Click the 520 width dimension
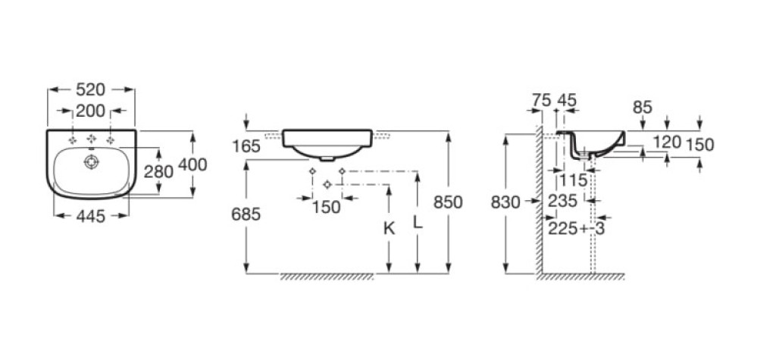pyautogui.click(x=91, y=89)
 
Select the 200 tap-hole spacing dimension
pyautogui.click(x=91, y=111)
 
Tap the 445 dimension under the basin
pyautogui.click(x=91, y=216)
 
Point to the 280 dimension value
pyautogui.click(x=158, y=172)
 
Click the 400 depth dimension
pyautogui.click(x=192, y=164)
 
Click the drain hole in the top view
pyautogui.click(x=92, y=161)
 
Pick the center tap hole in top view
pyautogui.click(x=92, y=139)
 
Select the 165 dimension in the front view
pyautogui.click(x=246, y=146)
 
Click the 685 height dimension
pyautogui.click(x=246, y=214)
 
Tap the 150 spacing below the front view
pyautogui.click(x=327, y=207)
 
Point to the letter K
pyautogui.click(x=390, y=228)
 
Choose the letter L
pyautogui.click(x=418, y=222)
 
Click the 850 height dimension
pyautogui.click(x=448, y=202)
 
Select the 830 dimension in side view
pyautogui.click(x=505, y=202)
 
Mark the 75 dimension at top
pyautogui.click(x=541, y=101)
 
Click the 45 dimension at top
pyautogui.click(x=567, y=101)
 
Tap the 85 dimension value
pyautogui.click(x=643, y=108)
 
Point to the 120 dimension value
pyautogui.click(x=667, y=142)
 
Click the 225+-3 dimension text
pyautogui.click(x=577, y=228)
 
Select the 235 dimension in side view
pyautogui.click(x=563, y=201)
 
